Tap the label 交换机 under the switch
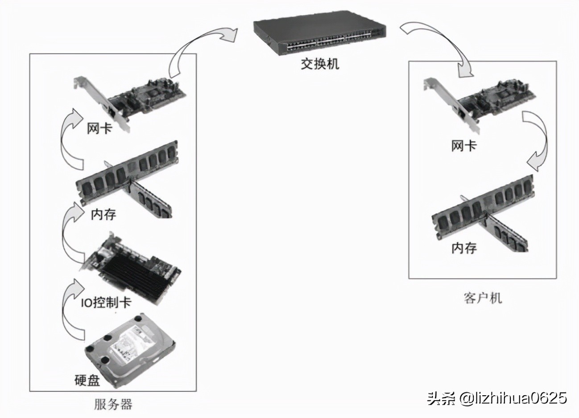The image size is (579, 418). tap(320, 63)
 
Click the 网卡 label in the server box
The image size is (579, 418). tap(99, 129)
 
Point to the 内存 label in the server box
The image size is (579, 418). tap(103, 214)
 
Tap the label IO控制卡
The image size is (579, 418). tap(106, 303)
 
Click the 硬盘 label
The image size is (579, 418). tap(87, 380)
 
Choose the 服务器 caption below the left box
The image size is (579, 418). tap(113, 404)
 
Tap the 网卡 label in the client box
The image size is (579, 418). tap(464, 146)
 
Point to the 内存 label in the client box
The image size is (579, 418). tap(464, 248)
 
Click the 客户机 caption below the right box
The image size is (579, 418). tap(483, 298)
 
